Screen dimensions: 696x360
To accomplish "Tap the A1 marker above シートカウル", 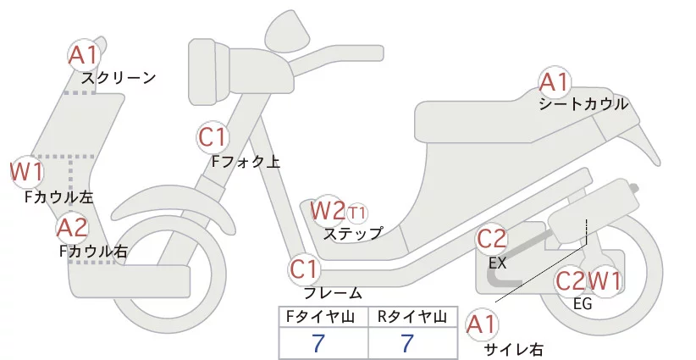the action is [555, 82].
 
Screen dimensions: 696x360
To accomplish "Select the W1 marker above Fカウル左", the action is [26, 172].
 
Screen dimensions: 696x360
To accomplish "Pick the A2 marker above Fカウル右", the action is [72, 227].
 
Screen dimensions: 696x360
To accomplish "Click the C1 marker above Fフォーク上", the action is [213, 136].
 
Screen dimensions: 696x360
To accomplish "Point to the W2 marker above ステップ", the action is [328, 209].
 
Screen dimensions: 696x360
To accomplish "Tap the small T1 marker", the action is [357, 211].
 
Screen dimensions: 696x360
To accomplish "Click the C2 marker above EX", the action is [492, 238].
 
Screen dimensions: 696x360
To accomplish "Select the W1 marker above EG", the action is [605, 280].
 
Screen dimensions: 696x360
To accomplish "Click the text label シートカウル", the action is [583, 104].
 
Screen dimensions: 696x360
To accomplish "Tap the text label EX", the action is [497, 263].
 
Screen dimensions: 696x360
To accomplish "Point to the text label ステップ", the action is [353, 233].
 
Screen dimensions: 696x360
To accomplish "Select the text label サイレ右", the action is [513, 348].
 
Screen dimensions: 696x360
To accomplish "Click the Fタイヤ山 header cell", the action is [323, 317].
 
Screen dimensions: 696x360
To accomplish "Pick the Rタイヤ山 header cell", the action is [412, 317].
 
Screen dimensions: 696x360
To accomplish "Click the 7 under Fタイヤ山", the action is [318, 343].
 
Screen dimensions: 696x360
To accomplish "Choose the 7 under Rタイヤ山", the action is [408, 343].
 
